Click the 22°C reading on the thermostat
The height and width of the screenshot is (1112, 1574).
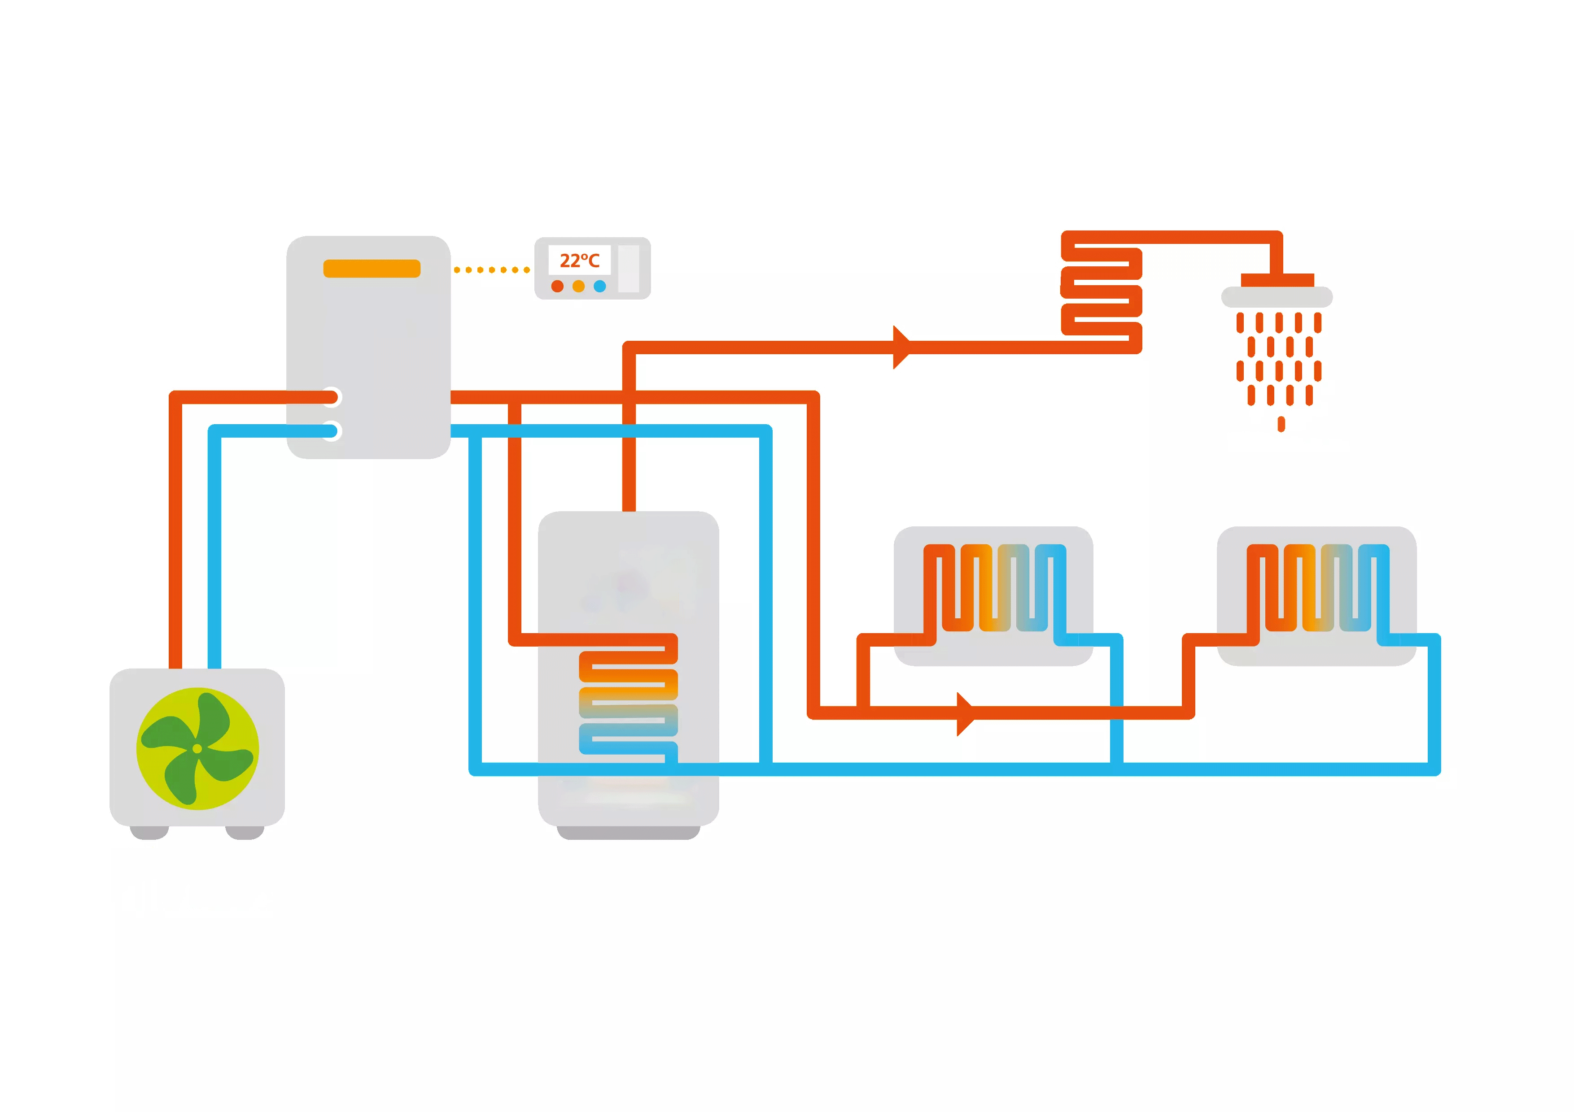click(x=579, y=261)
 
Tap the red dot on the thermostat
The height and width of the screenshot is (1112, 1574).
click(x=557, y=287)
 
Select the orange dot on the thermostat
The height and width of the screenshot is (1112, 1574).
click(x=579, y=287)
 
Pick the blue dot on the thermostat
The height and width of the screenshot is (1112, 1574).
click(x=600, y=287)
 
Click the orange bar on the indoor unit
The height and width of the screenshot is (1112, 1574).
click(x=372, y=269)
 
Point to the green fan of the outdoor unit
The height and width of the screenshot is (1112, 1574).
click(x=197, y=748)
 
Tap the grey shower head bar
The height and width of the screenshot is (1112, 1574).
click(x=1277, y=297)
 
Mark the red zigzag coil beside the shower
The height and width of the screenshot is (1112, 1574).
click(x=1101, y=292)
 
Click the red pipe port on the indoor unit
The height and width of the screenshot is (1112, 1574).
click(x=332, y=397)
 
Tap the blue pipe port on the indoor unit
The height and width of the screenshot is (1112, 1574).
click(x=332, y=431)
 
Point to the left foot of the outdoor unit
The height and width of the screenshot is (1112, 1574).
click(x=149, y=833)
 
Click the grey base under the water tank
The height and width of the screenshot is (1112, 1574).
click(x=628, y=833)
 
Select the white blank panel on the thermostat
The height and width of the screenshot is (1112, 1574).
click(x=629, y=269)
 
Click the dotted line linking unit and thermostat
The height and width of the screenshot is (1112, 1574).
click(x=491, y=270)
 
